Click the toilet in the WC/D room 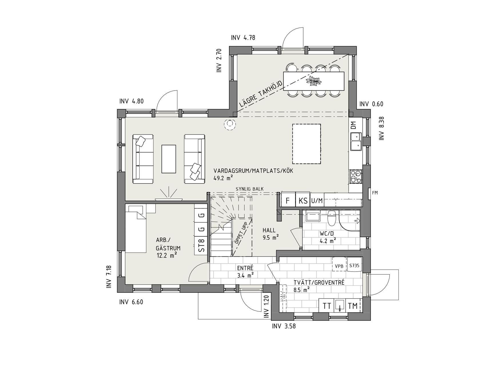332,219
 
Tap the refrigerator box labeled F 288,200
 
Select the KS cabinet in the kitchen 303,200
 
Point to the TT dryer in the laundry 327,306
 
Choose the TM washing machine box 353,306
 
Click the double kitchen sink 356,142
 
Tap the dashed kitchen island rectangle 306,144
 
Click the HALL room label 269,230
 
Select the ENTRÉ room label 245,268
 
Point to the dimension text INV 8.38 382,128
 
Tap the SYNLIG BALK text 250,189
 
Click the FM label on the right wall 375,193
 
